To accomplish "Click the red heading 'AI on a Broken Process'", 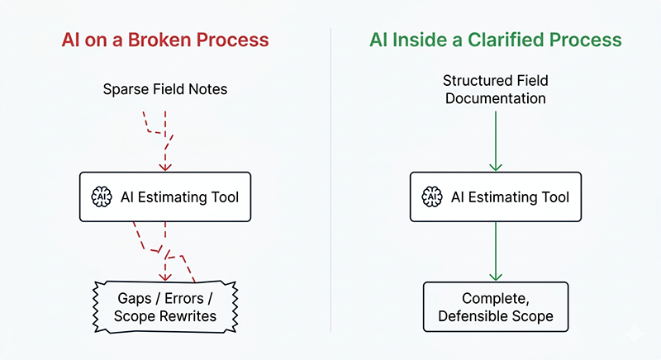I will pyautogui.click(x=165, y=39).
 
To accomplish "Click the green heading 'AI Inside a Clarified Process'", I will pyautogui.click(x=496, y=39).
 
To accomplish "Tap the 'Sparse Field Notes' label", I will pyautogui.click(x=165, y=88).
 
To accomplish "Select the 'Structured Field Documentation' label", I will pyautogui.click(x=496, y=89).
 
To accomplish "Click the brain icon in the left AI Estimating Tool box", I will pyautogui.click(x=100, y=197).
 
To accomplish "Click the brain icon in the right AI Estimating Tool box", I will pyautogui.click(x=430, y=197).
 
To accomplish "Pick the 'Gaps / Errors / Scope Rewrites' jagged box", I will pyautogui.click(x=165, y=306).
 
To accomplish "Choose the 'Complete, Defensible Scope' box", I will pyautogui.click(x=496, y=306).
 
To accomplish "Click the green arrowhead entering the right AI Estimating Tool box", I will pyautogui.click(x=496, y=168).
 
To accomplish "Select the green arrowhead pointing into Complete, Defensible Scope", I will pyautogui.click(x=496, y=277).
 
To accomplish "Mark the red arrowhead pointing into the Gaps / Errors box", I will pyautogui.click(x=165, y=277).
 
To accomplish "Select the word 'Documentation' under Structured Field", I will pyautogui.click(x=496, y=98).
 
